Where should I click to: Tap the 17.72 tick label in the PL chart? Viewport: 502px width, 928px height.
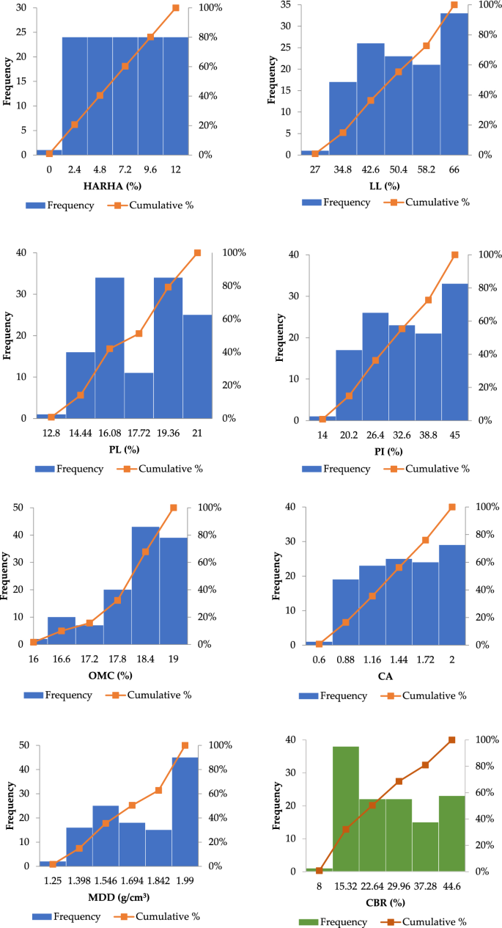(139, 434)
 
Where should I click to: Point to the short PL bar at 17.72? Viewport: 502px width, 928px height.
(139, 395)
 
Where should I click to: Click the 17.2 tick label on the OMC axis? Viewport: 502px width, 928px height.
(89, 660)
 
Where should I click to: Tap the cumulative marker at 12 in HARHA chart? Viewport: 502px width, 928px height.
(176, 7)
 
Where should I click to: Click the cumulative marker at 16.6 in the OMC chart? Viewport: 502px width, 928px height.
(62, 631)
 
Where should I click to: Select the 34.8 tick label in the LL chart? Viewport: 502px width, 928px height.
(342, 169)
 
